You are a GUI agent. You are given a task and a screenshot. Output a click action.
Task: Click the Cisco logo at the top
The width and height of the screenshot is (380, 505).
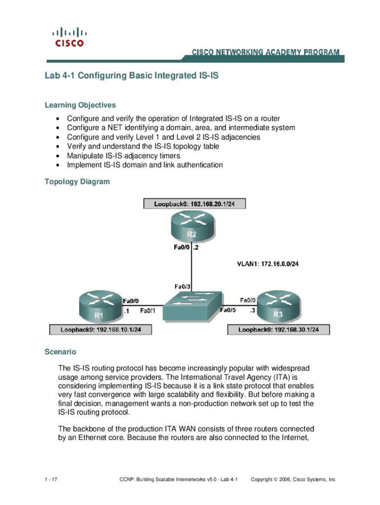pos(69,37)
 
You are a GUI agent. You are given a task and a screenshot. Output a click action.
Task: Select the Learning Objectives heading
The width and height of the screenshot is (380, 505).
pos(80,105)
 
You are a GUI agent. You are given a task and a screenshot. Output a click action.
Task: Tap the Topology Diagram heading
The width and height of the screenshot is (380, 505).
pos(77,181)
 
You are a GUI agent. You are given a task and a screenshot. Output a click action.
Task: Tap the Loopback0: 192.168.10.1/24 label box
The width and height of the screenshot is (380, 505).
pos(100,329)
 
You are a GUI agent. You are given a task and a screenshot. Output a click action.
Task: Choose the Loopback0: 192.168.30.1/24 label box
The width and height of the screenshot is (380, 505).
pos(278,329)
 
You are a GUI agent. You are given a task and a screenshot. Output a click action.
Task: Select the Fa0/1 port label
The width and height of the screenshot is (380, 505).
pos(148,311)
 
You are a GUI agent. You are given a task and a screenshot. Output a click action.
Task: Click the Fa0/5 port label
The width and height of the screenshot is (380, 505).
pos(228,311)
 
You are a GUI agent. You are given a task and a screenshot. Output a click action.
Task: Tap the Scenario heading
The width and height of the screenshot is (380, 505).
pos(60,352)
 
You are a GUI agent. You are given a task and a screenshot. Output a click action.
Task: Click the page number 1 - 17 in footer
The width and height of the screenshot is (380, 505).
pos(51,479)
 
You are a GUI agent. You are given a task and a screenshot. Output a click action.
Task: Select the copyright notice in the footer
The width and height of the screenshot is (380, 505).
pos(293,479)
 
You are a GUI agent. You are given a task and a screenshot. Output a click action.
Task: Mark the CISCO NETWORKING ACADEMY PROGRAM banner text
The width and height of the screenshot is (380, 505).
pos(265,52)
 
